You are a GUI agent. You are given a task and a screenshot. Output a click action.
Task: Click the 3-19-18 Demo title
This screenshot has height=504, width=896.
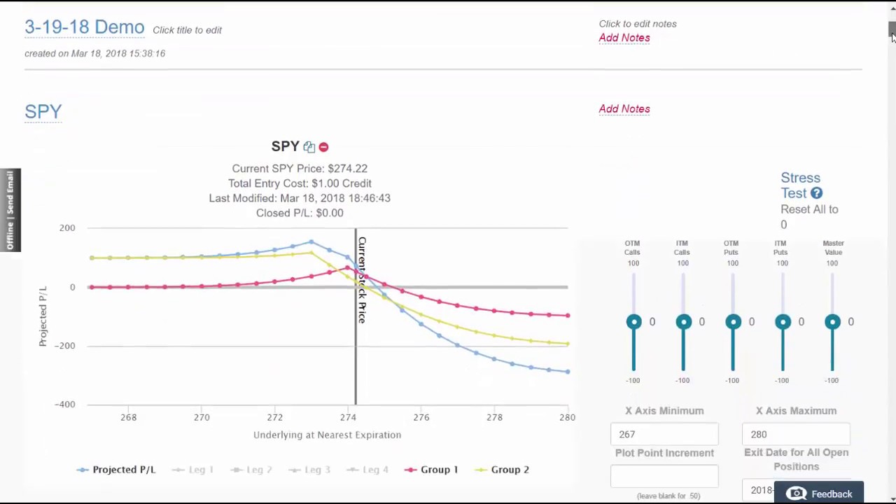84,27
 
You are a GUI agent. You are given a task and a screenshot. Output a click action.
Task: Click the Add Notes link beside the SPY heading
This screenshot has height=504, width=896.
624,108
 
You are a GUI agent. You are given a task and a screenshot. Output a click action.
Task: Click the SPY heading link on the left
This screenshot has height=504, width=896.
43,111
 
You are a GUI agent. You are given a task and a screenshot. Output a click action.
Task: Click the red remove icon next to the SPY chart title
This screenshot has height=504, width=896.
323,147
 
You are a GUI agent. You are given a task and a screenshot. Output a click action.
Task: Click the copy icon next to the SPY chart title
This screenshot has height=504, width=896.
309,147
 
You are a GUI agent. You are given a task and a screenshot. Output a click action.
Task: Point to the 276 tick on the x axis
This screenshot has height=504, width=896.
421,417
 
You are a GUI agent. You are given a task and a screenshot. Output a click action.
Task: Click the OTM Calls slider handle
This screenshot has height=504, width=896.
633,322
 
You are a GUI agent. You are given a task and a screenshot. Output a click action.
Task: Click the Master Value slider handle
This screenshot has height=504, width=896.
832,322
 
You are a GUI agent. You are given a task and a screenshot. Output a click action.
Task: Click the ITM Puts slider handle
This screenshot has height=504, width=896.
783,322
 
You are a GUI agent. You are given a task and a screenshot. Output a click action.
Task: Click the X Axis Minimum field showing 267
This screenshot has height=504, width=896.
664,434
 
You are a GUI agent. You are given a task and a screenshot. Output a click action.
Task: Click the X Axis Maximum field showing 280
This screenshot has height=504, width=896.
795,434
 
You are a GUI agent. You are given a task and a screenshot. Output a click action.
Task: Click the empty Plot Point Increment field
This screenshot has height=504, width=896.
664,477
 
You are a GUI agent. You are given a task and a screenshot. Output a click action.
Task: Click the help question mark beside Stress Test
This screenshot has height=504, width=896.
817,193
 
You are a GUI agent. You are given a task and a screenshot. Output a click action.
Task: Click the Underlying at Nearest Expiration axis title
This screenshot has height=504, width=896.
327,435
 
